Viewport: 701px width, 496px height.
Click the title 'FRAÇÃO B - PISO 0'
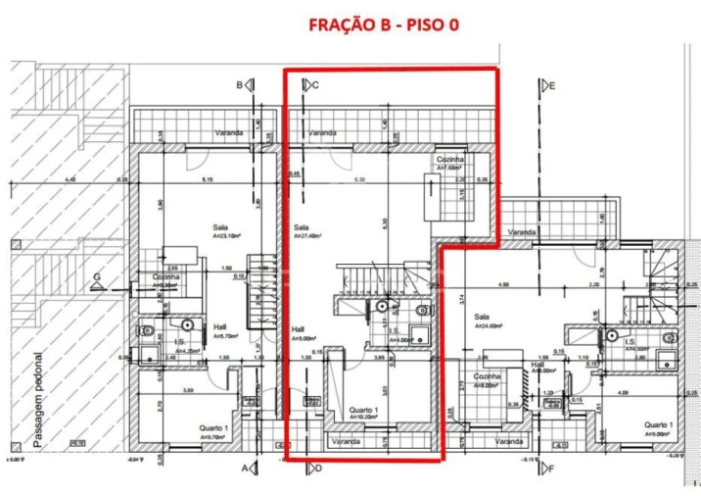(383, 24)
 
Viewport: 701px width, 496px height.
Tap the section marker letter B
(239, 85)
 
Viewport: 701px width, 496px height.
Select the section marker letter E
(552, 85)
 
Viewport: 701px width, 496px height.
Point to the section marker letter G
(98, 278)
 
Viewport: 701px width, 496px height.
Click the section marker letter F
(550, 468)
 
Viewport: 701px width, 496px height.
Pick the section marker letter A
(245, 468)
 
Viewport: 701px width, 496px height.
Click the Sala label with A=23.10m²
(220, 226)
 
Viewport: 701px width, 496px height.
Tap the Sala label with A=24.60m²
(482, 317)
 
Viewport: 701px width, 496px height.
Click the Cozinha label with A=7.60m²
(449, 159)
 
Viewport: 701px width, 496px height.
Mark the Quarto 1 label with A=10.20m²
(364, 411)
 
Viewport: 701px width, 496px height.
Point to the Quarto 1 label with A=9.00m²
(656, 424)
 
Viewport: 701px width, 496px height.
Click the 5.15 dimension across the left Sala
(207, 179)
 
